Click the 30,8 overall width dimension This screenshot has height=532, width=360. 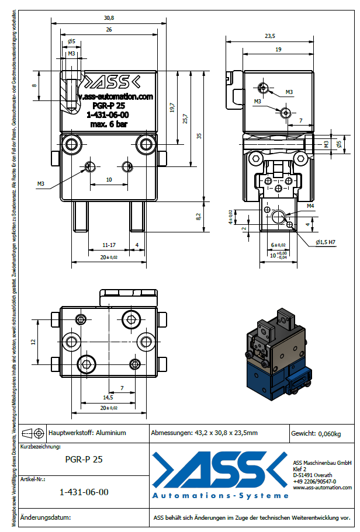pos(109,18)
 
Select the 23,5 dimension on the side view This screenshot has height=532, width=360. pos(269,36)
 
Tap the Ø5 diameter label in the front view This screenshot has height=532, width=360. pos(71,41)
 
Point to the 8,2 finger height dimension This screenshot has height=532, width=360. pos(199,216)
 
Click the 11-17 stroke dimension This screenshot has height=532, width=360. pos(108,245)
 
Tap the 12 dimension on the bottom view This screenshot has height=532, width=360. pos(34,341)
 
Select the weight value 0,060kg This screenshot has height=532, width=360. pos(329,434)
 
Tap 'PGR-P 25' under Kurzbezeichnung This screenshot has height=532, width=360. pos(84,460)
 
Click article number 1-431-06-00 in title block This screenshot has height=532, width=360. pos(84,492)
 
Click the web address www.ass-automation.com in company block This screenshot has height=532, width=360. pos(322,487)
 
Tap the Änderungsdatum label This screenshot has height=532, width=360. pos(46,517)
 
